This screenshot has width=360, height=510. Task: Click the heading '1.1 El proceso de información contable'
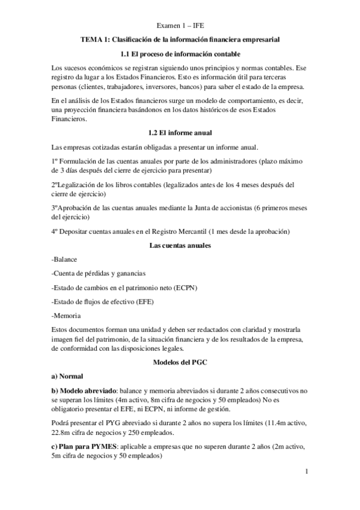pos(180,54)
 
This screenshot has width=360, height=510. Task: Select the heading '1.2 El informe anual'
pos(180,132)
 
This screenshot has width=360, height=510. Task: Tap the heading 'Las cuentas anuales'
pos(180,245)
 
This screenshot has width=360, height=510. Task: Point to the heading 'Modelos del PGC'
pos(180,361)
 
